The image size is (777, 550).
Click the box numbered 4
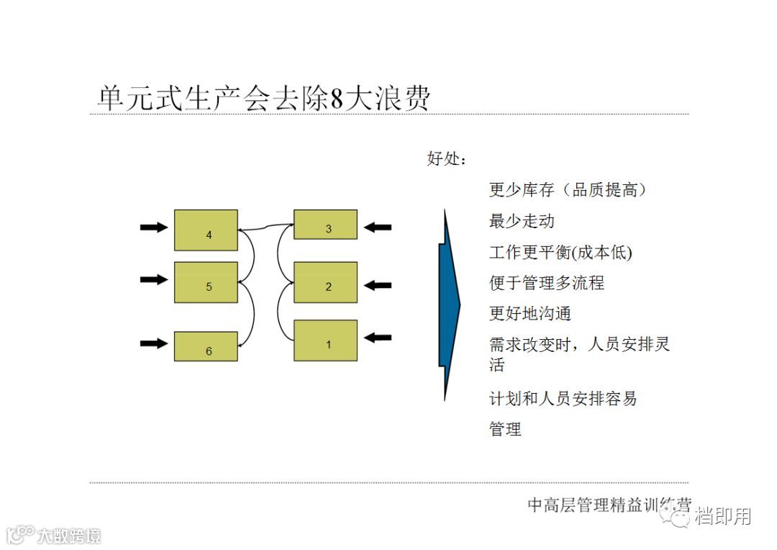(206, 230)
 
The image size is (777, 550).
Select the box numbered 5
(206, 282)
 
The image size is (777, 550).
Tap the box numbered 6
(206, 346)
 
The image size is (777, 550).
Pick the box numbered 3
(325, 225)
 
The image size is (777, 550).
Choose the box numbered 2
(325, 282)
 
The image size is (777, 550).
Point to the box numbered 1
(325, 340)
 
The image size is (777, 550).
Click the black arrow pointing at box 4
(153, 227)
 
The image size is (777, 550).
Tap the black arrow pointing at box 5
(153, 279)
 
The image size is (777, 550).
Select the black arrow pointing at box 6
(153, 343)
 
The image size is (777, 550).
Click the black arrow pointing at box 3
(378, 227)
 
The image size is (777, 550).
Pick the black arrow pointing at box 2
(378, 285)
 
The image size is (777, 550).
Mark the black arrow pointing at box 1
(378, 337)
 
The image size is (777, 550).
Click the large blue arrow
(449, 305)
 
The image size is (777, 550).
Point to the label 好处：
(447, 159)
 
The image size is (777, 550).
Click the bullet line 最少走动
(522, 221)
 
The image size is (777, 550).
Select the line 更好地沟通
(530, 314)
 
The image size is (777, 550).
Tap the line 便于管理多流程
(547, 283)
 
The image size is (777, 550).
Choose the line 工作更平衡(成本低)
(560, 252)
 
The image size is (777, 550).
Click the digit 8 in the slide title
(336, 99)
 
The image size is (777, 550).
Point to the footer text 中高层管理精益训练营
(608, 505)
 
